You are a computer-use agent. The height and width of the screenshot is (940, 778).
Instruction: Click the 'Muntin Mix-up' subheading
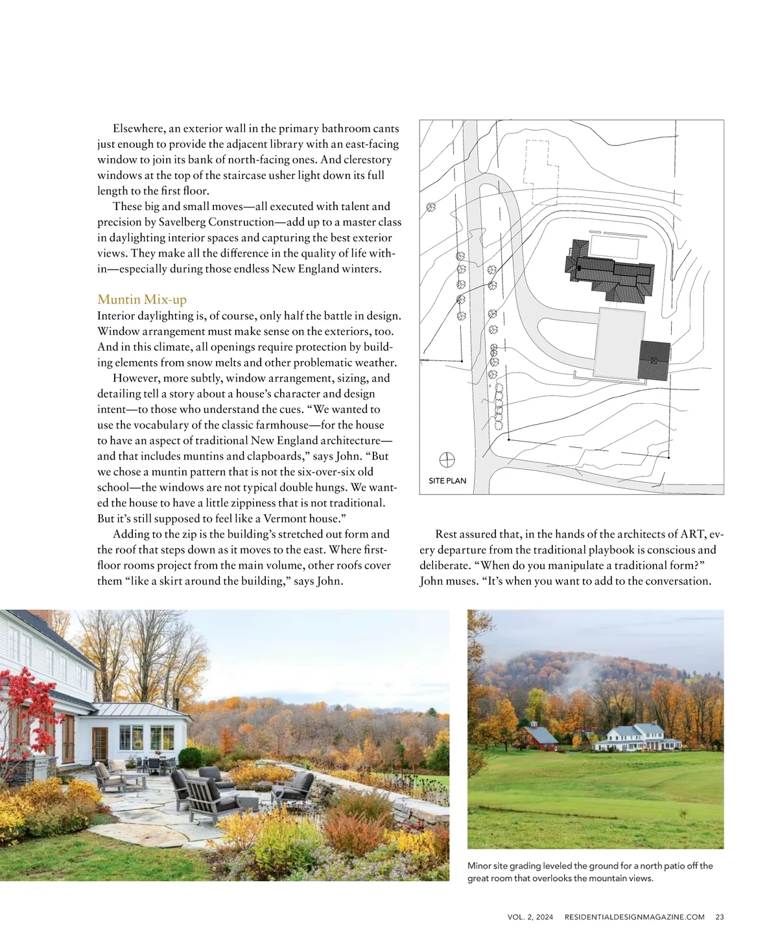141,300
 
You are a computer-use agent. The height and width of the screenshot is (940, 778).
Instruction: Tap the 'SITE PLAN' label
447,481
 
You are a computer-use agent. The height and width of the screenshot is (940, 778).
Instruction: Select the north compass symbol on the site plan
447,460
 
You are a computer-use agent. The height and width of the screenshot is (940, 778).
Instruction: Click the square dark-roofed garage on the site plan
654,360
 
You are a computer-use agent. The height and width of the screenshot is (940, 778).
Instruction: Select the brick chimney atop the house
45,618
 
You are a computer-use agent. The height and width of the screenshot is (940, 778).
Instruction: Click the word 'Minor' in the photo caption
479,865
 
